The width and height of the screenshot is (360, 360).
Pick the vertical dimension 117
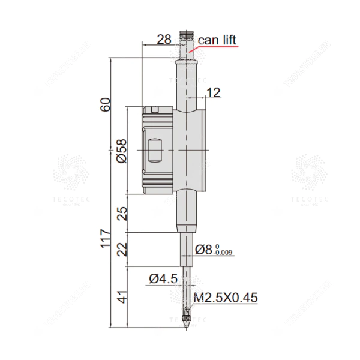106,238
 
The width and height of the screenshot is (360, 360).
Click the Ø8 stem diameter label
205,250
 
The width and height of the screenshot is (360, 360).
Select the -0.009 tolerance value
225,253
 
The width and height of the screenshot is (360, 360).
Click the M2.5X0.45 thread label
226,298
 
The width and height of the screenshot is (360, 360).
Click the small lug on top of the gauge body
155,109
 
